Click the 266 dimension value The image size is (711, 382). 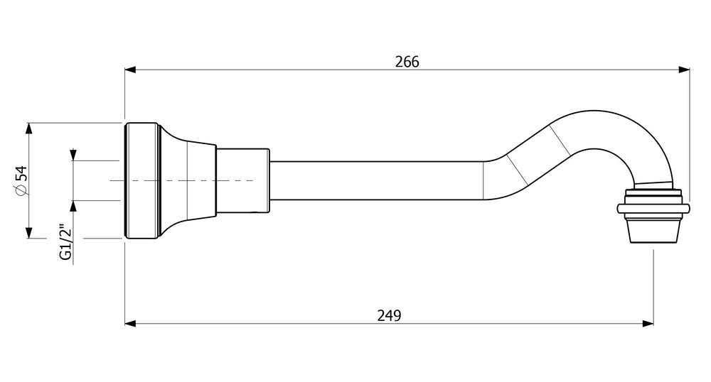pos(407,62)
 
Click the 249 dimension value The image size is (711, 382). pos(389,315)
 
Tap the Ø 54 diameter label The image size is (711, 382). pos(21,180)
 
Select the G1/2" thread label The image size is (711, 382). pos(65,241)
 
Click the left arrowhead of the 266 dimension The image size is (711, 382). pos(130,70)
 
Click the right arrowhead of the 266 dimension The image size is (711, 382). pos(684,70)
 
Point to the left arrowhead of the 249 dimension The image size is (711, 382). pos(130,324)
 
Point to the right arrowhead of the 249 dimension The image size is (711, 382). pos(648,324)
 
